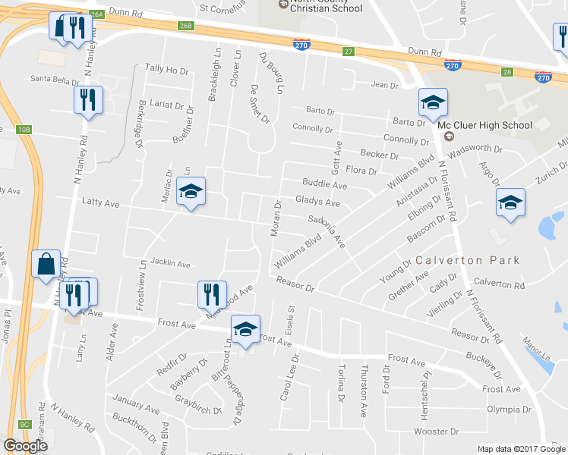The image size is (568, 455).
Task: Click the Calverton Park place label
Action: (467, 260)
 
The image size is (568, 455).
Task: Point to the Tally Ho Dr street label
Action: (166, 70)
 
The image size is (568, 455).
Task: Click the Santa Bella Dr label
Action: (55, 79)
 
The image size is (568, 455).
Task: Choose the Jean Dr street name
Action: (383, 85)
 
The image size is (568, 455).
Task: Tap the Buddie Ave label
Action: (324, 184)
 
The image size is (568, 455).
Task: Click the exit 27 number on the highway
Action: (349, 51)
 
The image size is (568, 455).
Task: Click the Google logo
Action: (25, 446)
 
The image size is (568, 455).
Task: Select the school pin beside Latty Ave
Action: (191, 192)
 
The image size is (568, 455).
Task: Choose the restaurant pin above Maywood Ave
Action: (212, 294)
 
